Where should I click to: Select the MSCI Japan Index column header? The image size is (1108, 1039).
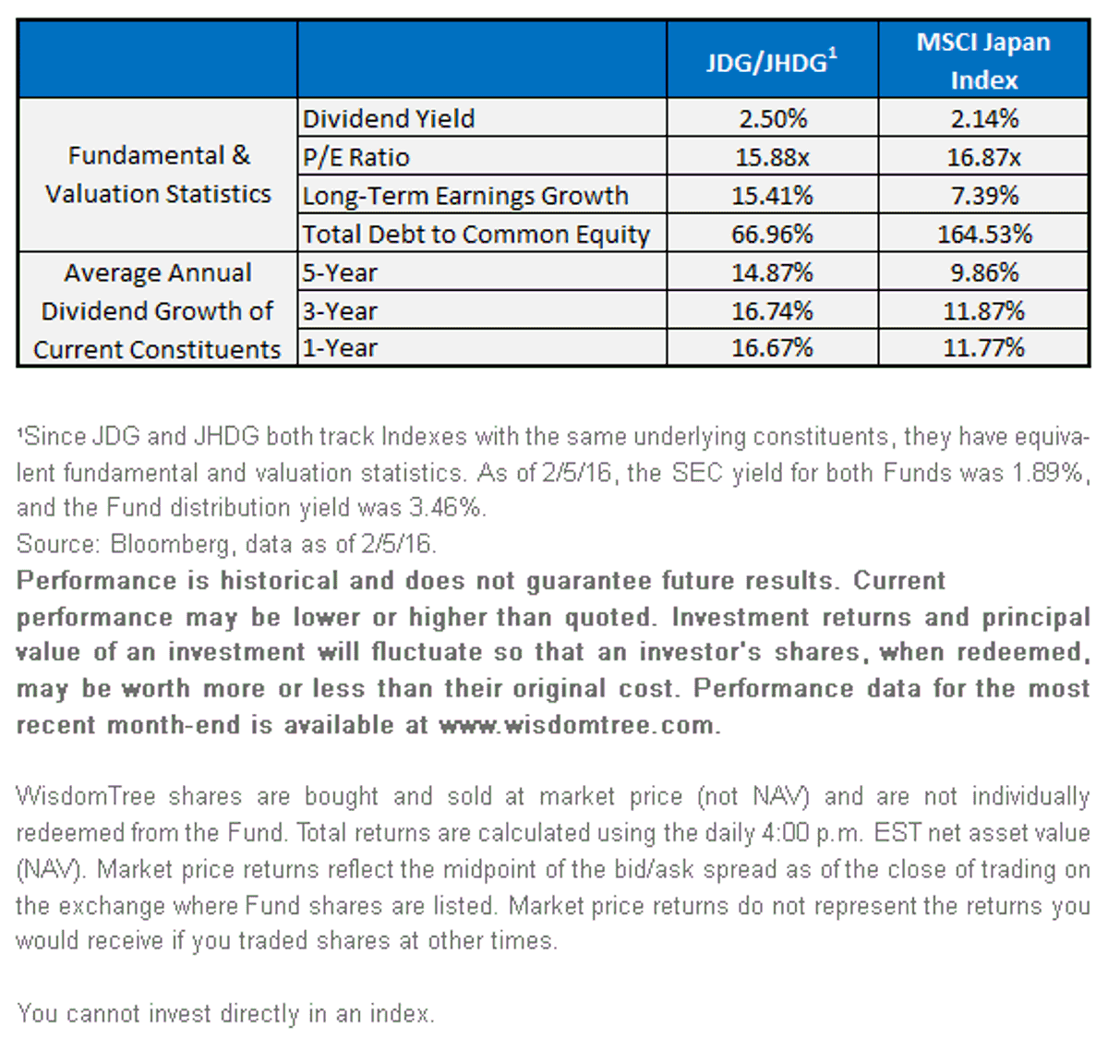click(x=983, y=60)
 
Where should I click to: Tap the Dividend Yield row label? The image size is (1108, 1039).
click(x=389, y=119)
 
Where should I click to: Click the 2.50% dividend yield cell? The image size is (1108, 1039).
click(x=773, y=119)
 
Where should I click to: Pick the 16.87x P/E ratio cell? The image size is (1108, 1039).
click(x=983, y=157)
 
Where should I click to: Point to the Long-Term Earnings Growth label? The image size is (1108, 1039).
click(x=465, y=196)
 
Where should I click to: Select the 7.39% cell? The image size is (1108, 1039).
click(x=984, y=196)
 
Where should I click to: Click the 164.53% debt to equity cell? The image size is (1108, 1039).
click(x=984, y=234)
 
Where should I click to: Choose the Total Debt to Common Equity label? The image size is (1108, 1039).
click(x=476, y=235)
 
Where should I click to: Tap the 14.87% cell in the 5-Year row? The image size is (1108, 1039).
click(x=772, y=272)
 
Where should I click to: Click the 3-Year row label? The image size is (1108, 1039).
click(x=340, y=311)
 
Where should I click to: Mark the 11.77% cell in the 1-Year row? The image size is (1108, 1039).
click(x=983, y=348)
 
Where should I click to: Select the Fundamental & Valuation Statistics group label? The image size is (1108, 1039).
click(x=158, y=175)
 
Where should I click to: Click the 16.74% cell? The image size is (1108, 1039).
click(x=772, y=311)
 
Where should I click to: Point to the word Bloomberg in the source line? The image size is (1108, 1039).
click(x=170, y=544)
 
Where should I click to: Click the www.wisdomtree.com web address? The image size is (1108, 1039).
click(x=576, y=725)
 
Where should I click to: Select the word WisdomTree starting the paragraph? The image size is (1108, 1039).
click(x=85, y=796)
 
